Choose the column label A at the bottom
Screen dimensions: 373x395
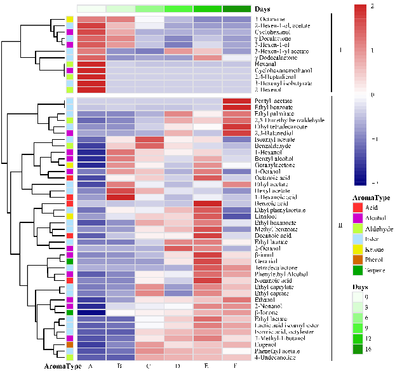91,366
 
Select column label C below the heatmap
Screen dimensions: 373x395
150,366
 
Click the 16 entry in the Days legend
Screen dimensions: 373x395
377,367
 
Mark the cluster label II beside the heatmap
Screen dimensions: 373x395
340,224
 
